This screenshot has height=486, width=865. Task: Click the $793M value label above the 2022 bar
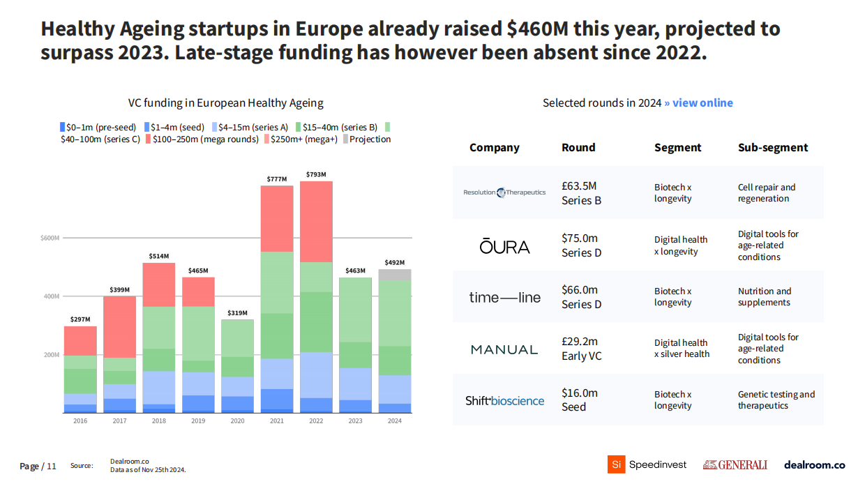click(316, 174)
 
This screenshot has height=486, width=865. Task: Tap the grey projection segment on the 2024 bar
click(395, 275)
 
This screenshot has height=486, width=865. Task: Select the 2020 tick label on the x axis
click(237, 420)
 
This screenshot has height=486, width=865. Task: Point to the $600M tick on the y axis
click(50, 238)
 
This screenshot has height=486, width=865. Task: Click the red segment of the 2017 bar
click(120, 327)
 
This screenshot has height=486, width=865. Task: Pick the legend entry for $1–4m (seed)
click(174, 127)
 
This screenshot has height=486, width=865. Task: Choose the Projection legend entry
click(367, 139)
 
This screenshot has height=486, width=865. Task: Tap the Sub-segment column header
click(773, 147)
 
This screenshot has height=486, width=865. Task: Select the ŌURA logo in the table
click(504, 247)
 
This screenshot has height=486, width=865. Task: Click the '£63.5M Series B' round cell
click(581, 193)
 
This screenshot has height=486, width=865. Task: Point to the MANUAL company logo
click(504, 350)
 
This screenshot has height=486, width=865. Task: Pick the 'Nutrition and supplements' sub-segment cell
click(765, 296)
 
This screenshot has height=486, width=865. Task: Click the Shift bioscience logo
click(505, 401)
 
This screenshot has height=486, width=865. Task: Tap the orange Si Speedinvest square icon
click(617, 464)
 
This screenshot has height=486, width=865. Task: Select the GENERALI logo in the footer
click(735, 465)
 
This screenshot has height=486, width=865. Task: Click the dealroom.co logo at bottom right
click(814, 465)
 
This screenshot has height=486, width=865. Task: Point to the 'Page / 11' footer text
click(38, 466)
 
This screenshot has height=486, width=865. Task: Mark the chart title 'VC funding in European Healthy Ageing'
click(225, 102)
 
